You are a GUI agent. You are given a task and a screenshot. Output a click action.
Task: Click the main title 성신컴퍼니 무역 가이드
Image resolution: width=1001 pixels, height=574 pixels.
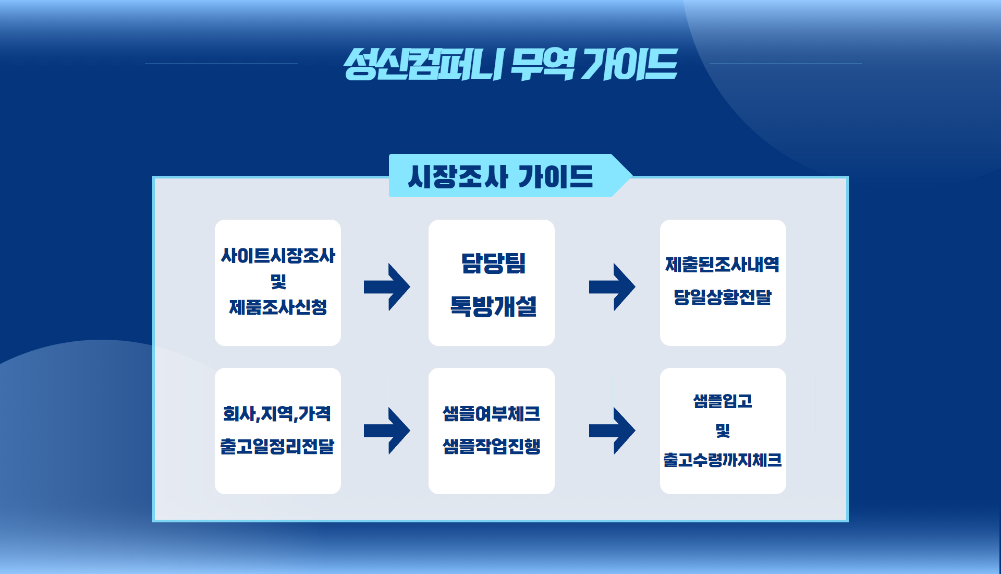pos(510,64)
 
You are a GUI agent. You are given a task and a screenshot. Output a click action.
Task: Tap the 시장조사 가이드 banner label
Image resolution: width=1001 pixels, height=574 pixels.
pos(500,176)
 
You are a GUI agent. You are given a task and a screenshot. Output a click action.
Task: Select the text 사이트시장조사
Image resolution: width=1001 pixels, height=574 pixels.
pos(278,256)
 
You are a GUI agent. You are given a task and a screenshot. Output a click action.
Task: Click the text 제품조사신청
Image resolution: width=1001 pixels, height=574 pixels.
pos(278,307)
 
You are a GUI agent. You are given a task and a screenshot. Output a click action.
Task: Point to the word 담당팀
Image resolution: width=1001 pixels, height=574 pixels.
pos(493,264)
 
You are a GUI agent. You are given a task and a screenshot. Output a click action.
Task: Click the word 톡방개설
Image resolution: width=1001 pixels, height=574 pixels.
pos(493,306)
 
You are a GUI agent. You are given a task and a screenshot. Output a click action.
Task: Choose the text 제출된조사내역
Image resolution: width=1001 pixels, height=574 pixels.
pos(723,265)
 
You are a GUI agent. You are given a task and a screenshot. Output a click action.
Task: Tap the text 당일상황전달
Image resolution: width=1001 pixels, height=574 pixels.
pos(723,297)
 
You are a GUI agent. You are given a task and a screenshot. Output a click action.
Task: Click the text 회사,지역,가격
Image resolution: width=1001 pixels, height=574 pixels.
pos(277,414)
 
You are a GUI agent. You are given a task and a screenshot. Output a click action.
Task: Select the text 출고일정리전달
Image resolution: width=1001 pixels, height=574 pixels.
pos(277,446)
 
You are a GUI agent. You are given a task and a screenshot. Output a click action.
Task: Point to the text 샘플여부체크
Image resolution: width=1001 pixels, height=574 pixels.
pos(491,414)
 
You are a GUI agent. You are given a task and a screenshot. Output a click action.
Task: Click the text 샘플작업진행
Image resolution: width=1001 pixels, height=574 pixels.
pos(491,446)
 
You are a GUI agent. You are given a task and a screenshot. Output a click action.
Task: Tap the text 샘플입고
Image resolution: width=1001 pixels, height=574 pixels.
pos(723,401)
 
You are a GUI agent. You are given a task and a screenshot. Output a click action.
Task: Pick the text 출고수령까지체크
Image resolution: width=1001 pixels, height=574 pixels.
pos(723,460)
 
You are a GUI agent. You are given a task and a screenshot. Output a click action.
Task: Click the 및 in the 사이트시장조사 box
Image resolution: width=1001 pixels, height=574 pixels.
pos(278,282)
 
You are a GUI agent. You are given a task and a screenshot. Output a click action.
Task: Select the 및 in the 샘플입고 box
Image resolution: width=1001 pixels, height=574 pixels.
pos(723,430)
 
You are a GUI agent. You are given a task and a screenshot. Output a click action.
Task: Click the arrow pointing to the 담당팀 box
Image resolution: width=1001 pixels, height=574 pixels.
pos(387,287)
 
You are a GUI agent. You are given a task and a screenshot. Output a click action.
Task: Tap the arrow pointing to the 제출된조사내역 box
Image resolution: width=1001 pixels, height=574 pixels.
pos(612,287)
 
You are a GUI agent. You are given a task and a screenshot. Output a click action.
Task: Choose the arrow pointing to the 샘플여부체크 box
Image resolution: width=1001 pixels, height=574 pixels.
pos(387,430)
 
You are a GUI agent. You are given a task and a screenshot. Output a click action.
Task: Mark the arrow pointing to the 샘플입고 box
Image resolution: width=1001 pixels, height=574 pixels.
pos(612,430)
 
